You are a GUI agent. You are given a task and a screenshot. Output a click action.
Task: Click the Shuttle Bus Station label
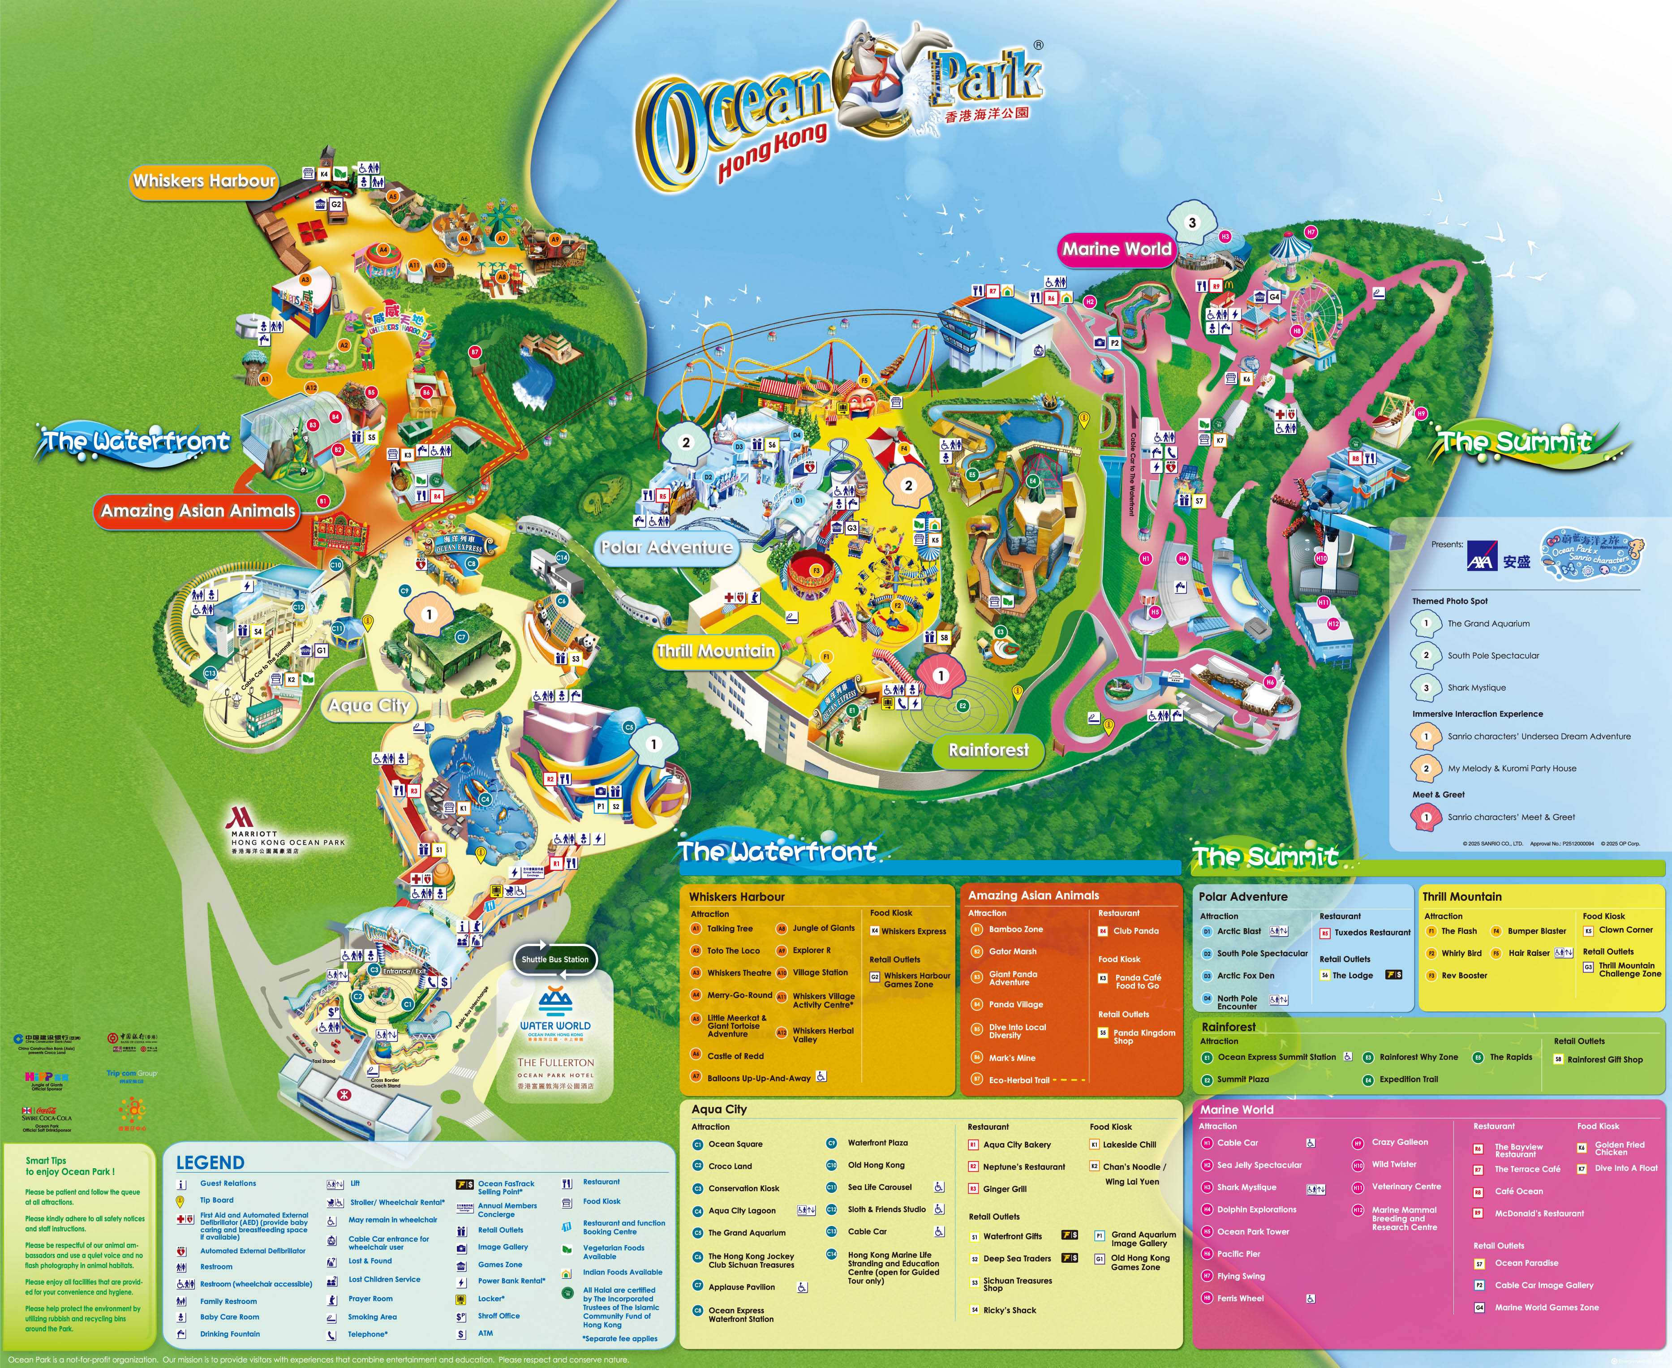pos(554,959)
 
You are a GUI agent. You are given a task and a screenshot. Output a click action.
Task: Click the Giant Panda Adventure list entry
pos(1013,978)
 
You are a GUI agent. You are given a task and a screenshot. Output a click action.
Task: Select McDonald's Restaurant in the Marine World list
pos(1539,1213)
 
